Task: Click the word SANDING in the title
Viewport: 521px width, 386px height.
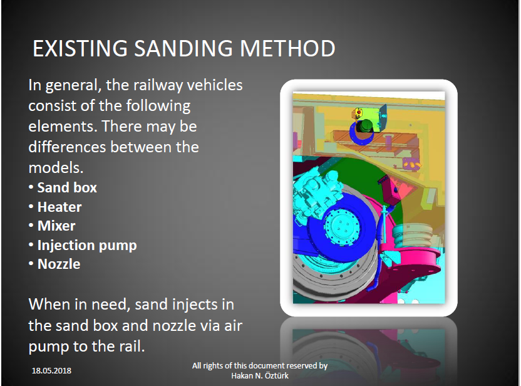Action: pos(183,48)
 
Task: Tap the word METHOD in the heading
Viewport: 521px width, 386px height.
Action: pos(287,48)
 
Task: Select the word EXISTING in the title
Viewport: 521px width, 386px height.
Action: pos(80,48)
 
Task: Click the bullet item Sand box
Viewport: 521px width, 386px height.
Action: pos(67,187)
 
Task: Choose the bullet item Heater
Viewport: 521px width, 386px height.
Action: pos(59,207)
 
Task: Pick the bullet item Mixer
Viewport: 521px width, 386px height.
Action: pos(56,226)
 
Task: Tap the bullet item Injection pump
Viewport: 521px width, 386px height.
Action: pos(87,246)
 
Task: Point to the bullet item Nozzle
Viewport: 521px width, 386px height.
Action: pos(59,264)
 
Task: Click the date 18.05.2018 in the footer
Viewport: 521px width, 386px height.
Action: pos(51,371)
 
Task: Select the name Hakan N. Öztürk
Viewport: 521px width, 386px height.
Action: pos(260,376)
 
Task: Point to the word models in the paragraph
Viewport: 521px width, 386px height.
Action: pos(54,167)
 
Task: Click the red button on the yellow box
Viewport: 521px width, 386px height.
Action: pos(359,113)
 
